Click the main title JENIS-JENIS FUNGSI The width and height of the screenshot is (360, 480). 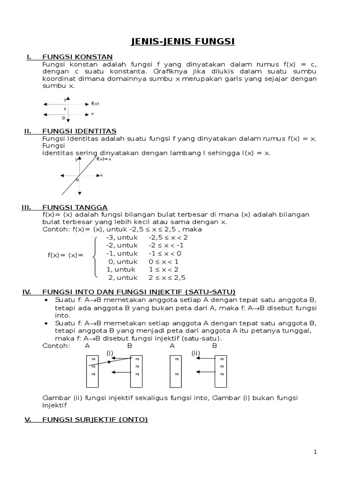(x=182, y=42)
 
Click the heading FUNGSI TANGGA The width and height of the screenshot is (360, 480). (x=75, y=207)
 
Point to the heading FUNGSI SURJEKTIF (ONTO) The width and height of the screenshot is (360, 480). (x=95, y=420)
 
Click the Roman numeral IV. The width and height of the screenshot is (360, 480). (x=27, y=292)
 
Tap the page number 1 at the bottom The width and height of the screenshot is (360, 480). (x=315, y=452)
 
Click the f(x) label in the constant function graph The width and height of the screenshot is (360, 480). (x=95, y=104)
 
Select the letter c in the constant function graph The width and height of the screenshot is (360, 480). (x=65, y=108)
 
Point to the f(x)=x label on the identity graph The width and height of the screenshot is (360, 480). (x=104, y=159)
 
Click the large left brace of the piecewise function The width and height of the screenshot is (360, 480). (x=95, y=257)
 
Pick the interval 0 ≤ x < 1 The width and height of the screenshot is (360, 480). (x=164, y=262)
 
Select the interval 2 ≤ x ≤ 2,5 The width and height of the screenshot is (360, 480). (x=167, y=277)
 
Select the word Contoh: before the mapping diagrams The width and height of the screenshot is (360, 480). (x=56, y=345)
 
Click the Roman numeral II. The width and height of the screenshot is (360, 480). (x=27, y=131)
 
